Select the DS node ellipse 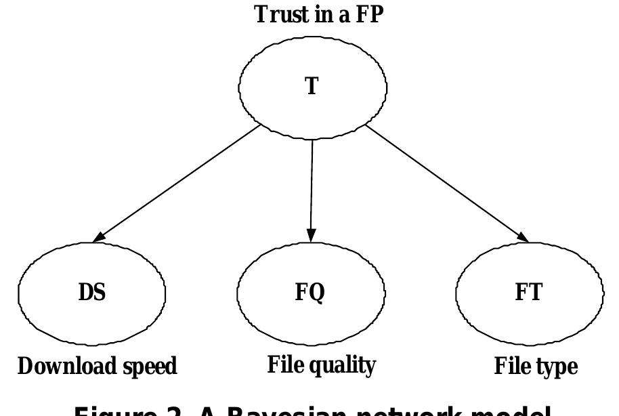[x=92, y=293]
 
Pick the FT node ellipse [x=530, y=293]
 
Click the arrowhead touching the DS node [x=98, y=236]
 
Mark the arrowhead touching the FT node [x=524, y=236]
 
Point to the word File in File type [x=511, y=367]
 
